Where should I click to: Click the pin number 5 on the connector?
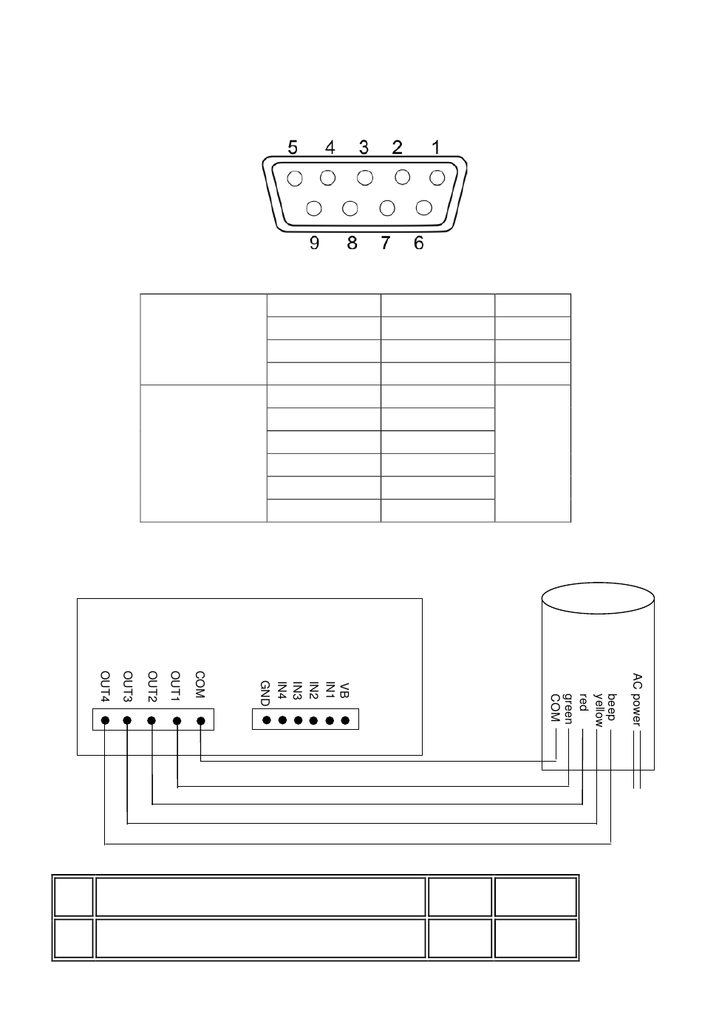(x=293, y=148)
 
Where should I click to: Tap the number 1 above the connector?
(x=435, y=148)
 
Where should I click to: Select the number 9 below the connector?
(x=314, y=243)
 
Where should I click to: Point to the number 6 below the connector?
(x=418, y=243)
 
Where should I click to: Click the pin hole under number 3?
(x=364, y=178)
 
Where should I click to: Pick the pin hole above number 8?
(x=350, y=209)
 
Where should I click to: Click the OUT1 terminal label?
(x=176, y=685)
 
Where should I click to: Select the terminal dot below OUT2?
(x=151, y=720)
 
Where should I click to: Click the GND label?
(x=265, y=693)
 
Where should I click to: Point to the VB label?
(x=345, y=690)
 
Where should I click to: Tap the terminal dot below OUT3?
(x=127, y=720)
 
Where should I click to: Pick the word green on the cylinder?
(x=569, y=709)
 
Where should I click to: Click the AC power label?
(x=637, y=700)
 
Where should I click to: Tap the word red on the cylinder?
(x=583, y=702)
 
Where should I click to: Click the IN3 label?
(x=297, y=691)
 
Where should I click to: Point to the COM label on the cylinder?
(x=555, y=708)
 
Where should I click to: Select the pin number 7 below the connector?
(x=385, y=243)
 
